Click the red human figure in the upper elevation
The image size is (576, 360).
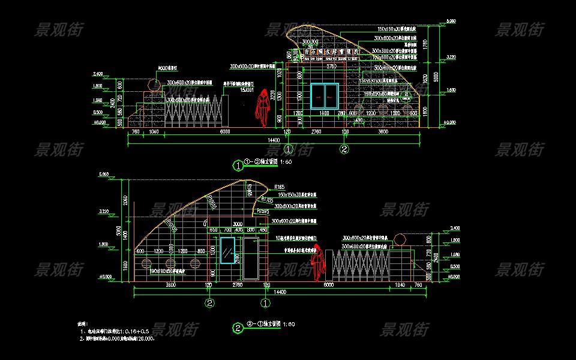click(x=262, y=108)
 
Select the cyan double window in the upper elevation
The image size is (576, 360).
click(x=324, y=96)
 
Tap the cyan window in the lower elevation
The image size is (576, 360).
click(x=227, y=250)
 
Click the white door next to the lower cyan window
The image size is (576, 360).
click(x=250, y=259)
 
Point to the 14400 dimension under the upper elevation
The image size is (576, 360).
click(x=274, y=140)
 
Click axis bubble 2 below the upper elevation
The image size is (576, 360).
click(x=344, y=149)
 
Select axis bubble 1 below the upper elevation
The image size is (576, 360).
click(x=289, y=149)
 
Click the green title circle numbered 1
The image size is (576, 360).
click(x=238, y=165)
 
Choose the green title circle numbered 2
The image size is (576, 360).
click(x=238, y=328)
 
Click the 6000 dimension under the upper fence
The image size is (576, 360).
click(x=224, y=131)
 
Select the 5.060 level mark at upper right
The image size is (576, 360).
click(x=450, y=22)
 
